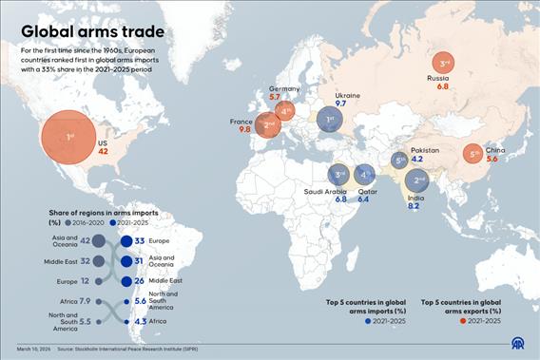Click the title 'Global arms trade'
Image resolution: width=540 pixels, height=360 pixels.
[x=93, y=31]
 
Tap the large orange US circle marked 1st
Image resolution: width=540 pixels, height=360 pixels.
[x=69, y=138]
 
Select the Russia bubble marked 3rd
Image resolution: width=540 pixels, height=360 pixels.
[x=444, y=64]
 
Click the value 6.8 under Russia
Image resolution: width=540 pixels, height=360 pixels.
[x=443, y=86]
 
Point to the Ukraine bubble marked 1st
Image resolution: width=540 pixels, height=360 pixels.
[x=329, y=121]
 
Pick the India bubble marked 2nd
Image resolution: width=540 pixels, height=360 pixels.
[x=419, y=180]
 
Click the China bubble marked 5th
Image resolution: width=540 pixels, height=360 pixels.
[x=473, y=153]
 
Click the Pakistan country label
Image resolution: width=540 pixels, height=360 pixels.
[x=425, y=150]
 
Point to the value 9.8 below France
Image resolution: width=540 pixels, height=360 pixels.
[x=245, y=129]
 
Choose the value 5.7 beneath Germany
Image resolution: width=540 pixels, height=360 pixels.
[x=275, y=98]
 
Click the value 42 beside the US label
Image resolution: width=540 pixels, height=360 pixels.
[x=103, y=152]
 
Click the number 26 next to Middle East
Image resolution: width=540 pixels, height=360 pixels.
[x=139, y=281]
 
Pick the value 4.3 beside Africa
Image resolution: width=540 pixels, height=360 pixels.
[x=140, y=321]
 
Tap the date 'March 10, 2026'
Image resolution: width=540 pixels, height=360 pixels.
[x=31, y=350]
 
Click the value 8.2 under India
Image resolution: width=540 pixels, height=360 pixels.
[x=414, y=206]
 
